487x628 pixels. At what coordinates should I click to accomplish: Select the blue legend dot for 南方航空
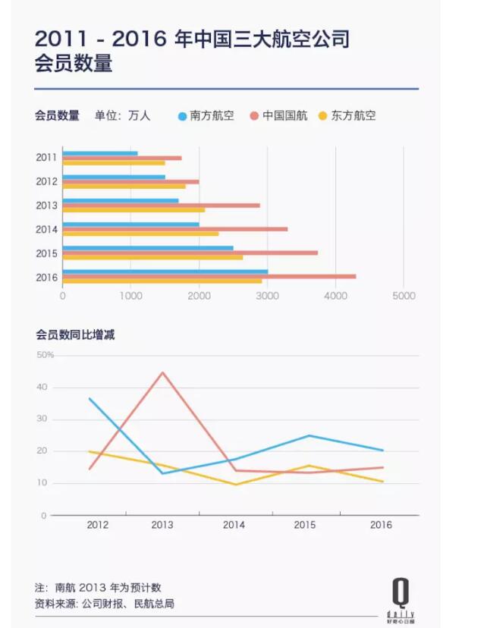[182, 116]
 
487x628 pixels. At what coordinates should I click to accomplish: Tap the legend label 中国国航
[284, 116]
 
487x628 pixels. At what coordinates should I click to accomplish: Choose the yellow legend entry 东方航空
[353, 116]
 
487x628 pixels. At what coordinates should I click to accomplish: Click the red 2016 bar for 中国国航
[209, 277]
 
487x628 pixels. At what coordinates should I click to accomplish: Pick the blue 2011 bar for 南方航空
[99, 153]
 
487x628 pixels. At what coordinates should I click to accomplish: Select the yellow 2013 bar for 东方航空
[133, 210]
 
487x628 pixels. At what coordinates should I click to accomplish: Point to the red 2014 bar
[174, 229]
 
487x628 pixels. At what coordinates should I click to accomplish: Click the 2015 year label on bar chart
[46, 253]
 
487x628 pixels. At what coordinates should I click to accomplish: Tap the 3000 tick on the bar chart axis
[267, 296]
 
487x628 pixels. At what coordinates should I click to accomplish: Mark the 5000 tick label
[404, 296]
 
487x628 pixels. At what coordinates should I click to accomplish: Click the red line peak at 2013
[162, 372]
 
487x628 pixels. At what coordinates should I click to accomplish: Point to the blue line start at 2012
[90, 398]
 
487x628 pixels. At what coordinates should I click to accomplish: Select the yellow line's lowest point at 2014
[236, 485]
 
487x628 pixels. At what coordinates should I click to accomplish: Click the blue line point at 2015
[309, 435]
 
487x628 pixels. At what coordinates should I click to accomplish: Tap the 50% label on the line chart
[45, 355]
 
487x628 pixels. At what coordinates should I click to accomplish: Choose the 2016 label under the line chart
[381, 525]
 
